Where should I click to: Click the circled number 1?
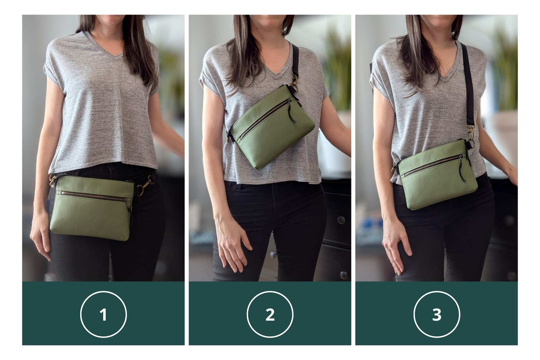click(103, 314)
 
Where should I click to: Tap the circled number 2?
click(270, 314)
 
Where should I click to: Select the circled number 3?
click(437, 314)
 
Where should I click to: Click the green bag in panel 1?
click(92, 208)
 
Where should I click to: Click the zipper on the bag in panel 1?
click(94, 196)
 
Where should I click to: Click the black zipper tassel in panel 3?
click(462, 169)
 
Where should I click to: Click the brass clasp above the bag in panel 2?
click(294, 80)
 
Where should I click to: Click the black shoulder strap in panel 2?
click(295, 59)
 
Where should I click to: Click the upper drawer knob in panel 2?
click(341, 220)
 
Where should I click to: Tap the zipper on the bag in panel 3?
click(433, 165)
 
